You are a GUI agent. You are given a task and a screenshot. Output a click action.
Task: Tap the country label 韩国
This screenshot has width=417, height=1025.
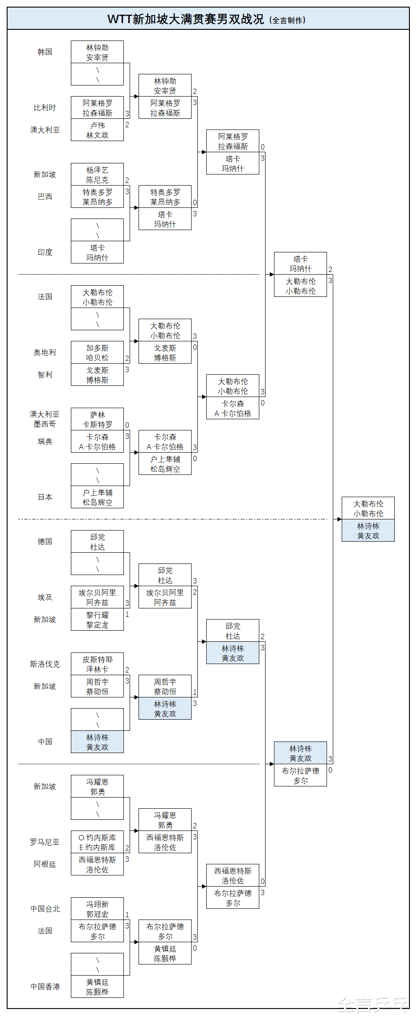pyautogui.click(x=45, y=52)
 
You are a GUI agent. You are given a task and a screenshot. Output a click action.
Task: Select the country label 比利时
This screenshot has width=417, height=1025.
pyautogui.click(x=45, y=108)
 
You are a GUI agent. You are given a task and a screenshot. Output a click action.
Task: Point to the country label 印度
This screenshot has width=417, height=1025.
pyautogui.click(x=45, y=252)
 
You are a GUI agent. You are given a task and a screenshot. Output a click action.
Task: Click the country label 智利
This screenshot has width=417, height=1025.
pyautogui.click(x=45, y=375)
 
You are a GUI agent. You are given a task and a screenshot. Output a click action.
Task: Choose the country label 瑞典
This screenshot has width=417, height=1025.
pyautogui.click(x=45, y=442)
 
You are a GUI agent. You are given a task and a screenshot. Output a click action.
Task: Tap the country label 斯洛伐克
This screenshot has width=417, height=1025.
pyautogui.click(x=45, y=664)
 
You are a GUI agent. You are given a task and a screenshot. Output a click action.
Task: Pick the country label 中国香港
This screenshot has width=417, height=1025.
pyautogui.click(x=45, y=987)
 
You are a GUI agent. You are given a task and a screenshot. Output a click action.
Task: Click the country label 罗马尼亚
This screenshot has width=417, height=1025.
pyautogui.click(x=45, y=842)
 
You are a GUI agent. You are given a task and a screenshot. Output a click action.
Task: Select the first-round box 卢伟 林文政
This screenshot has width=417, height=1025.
pyautogui.click(x=97, y=130)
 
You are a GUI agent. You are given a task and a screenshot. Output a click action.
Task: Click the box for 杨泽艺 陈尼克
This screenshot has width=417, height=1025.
pyautogui.click(x=97, y=174)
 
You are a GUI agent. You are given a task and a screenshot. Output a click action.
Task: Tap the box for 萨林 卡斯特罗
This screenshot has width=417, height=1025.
pyautogui.click(x=97, y=419)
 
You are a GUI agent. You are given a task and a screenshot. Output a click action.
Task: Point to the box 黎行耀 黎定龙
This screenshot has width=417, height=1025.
pyautogui.click(x=97, y=620)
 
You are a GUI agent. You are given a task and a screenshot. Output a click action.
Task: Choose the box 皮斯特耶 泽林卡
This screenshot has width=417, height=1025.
pyautogui.click(x=97, y=664)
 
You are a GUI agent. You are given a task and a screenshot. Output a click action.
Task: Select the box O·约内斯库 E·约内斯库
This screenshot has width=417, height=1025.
pyautogui.click(x=97, y=842)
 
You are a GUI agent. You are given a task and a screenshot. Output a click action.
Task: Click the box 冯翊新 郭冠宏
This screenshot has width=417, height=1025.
pyautogui.click(x=97, y=909)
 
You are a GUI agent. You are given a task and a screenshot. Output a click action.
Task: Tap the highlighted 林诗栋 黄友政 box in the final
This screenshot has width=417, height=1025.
pyautogui.click(x=368, y=531)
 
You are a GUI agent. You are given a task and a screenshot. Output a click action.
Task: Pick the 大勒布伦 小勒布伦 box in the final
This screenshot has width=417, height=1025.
pyautogui.click(x=368, y=508)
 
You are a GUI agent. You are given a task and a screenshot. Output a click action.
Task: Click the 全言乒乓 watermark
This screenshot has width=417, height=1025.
pyautogui.click(x=372, y=1005)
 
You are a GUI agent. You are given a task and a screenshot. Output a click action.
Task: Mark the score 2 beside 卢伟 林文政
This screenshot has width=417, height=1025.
pyautogui.click(x=127, y=125)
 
